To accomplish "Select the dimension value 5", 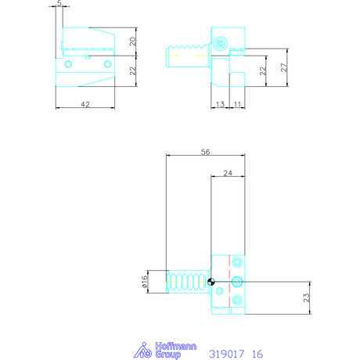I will [x=61, y=5].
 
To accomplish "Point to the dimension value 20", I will [x=133, y=42].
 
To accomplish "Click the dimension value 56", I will [x=206, y=153].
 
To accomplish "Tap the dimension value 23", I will [x=307, y=297].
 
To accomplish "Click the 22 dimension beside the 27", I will [x=264, y=70].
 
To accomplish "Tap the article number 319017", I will [x=228, y=354].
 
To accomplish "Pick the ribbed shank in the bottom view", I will [x=187, y=281].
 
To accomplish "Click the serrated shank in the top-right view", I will [x=189, y=58].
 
